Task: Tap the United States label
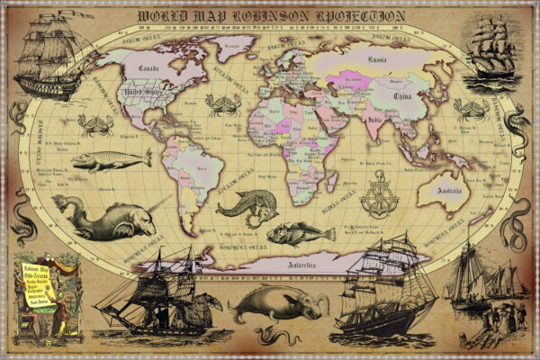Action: (x=140, y=92)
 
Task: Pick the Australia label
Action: (x=447, y=192)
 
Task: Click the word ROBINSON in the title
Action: (x=269, y=16)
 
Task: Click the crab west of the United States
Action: (x=94, y=124)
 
